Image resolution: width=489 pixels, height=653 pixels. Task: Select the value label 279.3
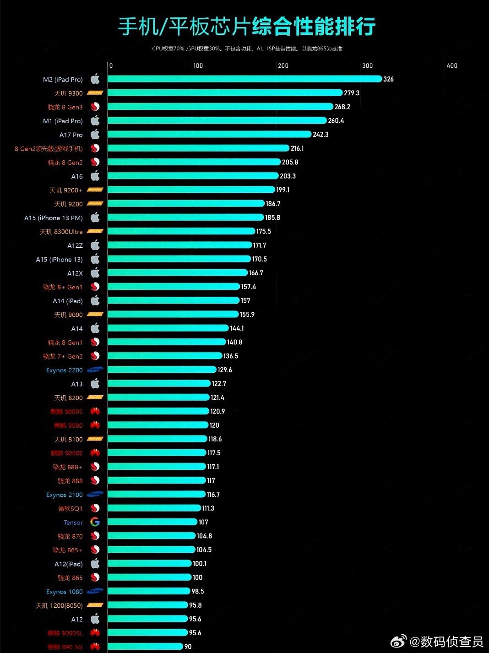352,93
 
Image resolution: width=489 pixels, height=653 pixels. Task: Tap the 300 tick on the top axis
367,65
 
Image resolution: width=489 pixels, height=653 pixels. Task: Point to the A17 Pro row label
71,135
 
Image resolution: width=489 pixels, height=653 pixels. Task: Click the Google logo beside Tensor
95,522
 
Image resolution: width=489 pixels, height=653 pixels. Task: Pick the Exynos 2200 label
65,370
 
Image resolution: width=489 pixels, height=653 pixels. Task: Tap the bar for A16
193,176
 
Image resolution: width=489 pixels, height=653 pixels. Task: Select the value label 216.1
297,148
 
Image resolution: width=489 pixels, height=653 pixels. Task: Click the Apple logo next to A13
95,383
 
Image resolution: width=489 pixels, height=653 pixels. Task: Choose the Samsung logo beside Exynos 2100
95,494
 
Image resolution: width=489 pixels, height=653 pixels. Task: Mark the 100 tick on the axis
198,65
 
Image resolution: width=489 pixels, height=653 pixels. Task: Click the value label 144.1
237,328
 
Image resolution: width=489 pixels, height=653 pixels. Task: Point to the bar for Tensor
152,522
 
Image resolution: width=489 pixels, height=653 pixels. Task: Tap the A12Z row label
75,245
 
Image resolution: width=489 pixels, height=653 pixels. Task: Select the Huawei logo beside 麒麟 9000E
95,453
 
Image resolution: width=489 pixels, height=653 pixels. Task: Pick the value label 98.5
198,591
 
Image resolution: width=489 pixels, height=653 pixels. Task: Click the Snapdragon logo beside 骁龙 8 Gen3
95,107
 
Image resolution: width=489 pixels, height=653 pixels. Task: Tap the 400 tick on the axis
452,65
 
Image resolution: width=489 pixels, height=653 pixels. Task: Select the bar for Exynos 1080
149,591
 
